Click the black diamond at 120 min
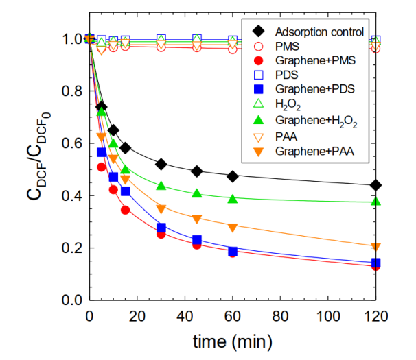pos(375,185)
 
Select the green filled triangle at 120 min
pos(375,202)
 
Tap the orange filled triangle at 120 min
pos(375,247)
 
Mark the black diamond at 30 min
pos(161,164)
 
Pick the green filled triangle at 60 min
pos(233,200)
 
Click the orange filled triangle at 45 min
pos(197,219)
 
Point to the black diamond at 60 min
pos(233,176)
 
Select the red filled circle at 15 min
pos(125,210)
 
